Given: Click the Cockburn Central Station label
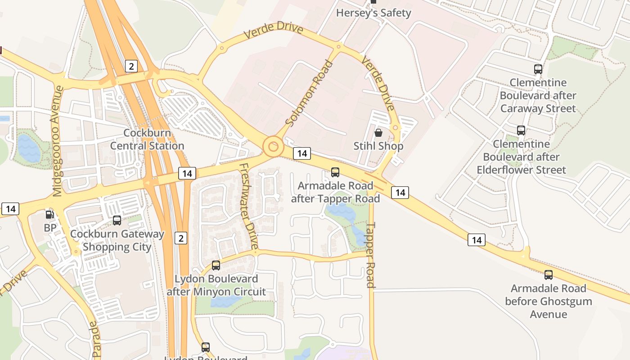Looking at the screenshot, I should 147,139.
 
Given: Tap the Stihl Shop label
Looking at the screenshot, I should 378,146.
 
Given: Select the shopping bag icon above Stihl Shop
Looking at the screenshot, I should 378,133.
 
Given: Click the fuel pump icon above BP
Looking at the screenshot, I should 50,215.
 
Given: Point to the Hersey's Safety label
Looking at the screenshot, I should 373,13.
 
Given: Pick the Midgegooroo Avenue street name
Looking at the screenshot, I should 57,141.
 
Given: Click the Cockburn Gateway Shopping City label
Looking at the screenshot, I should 117,240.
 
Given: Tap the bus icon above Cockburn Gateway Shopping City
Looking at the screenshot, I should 117,220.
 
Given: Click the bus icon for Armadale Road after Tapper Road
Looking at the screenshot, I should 335,172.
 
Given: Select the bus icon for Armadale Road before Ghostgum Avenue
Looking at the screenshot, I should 548,275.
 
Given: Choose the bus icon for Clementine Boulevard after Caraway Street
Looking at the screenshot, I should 538,69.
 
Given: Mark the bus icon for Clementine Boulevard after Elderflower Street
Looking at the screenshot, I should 521,130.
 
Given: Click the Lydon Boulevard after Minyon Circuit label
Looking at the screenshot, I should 216,285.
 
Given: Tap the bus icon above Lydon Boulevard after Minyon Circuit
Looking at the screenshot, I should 216,265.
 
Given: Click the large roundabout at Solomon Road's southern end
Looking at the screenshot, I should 273,146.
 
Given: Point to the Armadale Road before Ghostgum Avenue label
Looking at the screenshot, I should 548,301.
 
